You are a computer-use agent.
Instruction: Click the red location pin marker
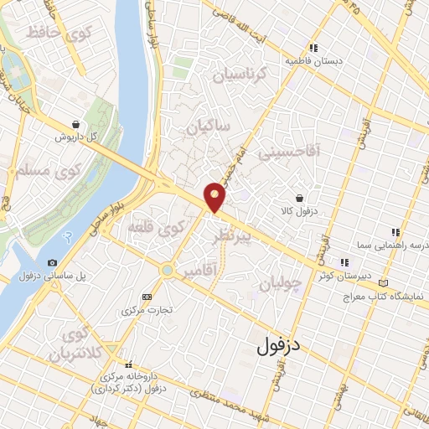coord(215,196)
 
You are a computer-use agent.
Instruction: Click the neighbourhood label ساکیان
coord(207,129)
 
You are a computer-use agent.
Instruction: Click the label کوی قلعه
coord(156,227)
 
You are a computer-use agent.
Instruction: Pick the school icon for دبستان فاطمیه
coord(314,48)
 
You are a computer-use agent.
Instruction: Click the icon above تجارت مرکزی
coord(147,297)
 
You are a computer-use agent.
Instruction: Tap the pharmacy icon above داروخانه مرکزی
coord(129,364)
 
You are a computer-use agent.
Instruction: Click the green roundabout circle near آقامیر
coord(168,270)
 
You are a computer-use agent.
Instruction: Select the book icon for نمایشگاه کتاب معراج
coord(385,284)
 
